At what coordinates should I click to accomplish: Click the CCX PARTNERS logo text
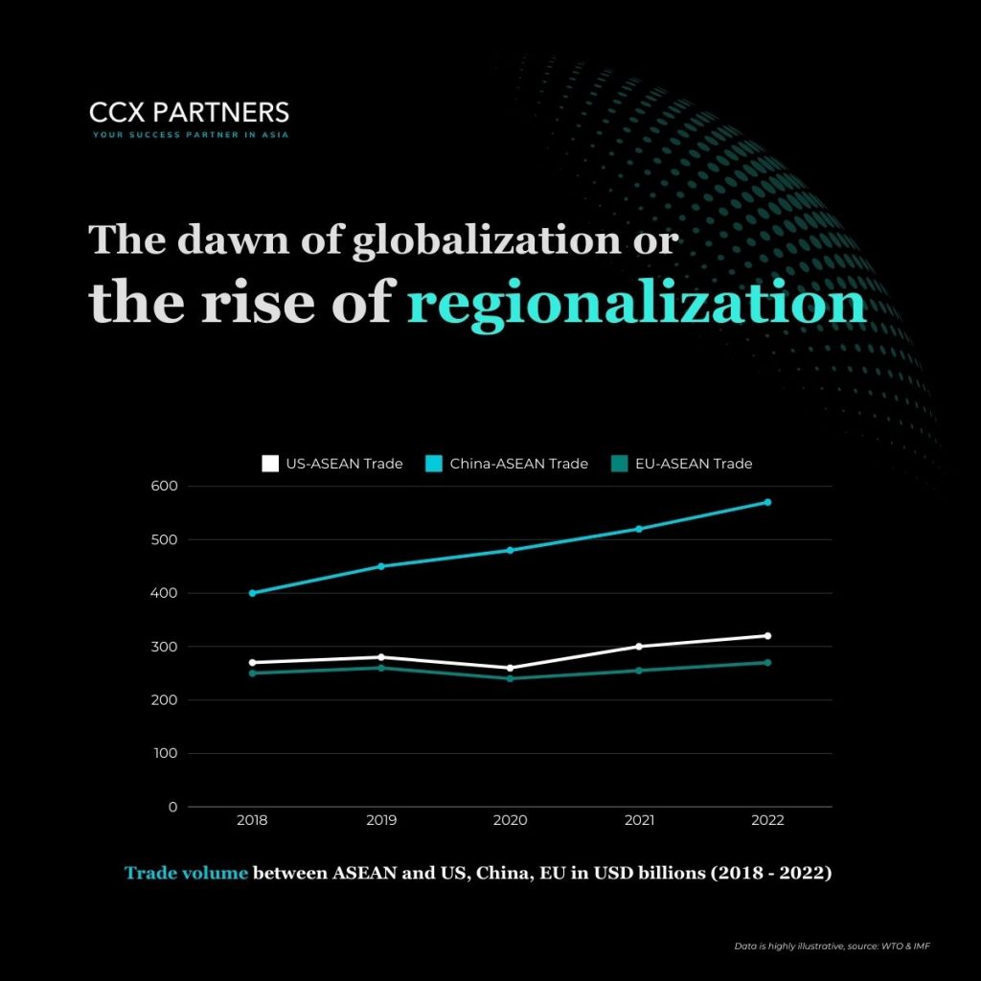pos(189,112)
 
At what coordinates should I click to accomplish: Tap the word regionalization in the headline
pos(636,305)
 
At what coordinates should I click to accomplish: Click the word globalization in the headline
pos(486,240)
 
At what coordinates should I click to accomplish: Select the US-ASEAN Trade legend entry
pos(332,464)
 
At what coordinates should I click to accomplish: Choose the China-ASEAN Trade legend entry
pos(507,464)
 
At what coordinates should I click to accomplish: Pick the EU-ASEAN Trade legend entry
pos(681,464)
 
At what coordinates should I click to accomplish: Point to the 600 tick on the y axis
pos(165,486)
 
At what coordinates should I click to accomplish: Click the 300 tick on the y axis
pos(165,647)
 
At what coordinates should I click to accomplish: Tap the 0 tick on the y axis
pos(172,807)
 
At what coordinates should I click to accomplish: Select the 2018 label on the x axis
pos(252,821)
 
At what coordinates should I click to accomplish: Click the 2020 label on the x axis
pos(510,821)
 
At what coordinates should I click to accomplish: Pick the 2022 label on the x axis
pos(767,821)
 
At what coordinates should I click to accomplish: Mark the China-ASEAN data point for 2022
pos(767,502)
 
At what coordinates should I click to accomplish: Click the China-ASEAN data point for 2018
pos(252,593)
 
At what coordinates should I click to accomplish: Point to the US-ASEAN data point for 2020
pos(510,668)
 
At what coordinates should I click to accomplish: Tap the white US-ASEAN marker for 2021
pos(639,647)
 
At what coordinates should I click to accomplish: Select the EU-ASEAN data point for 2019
pos(381,668)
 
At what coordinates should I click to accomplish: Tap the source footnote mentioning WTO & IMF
pos(833,947)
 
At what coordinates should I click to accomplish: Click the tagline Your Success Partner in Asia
pos(190,135)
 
